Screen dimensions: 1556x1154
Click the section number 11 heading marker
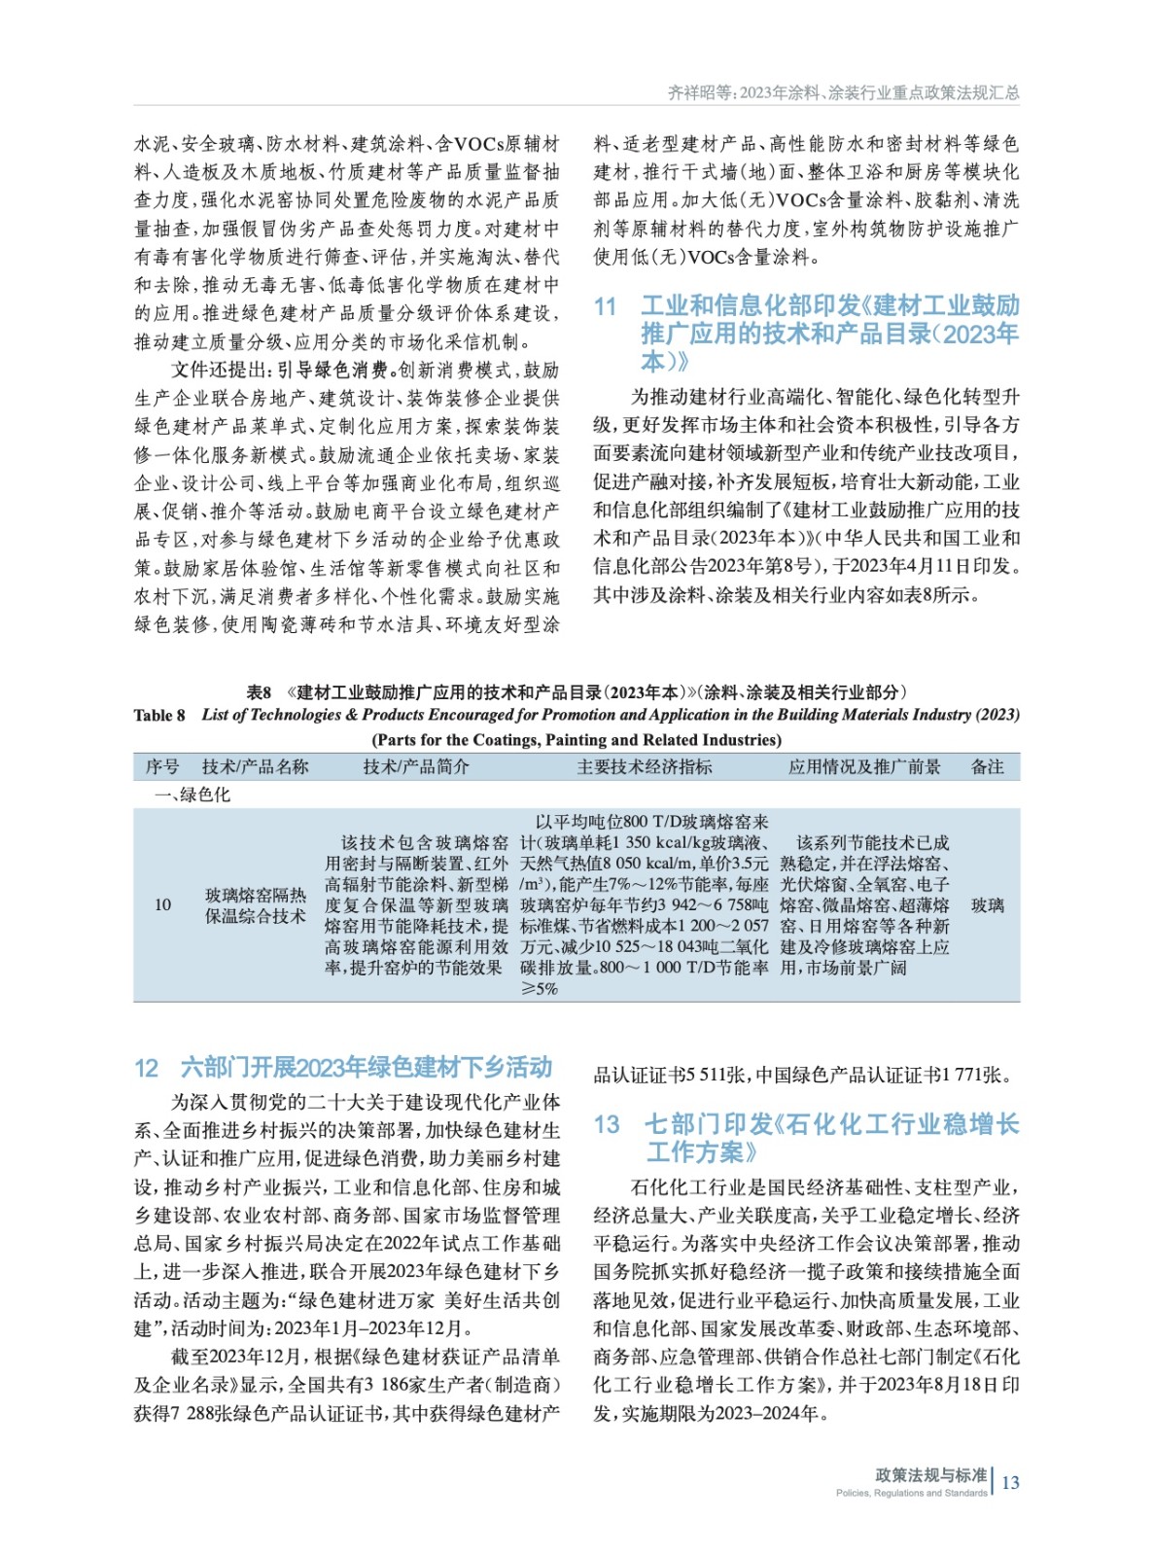[x=605, y=306]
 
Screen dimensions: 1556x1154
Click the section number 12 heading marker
[x=146, y=1068]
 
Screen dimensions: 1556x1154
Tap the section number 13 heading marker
[x=607, y=1125]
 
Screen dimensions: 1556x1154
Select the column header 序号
[x=162, y=767]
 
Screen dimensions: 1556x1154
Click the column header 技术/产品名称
[x=255, y=767]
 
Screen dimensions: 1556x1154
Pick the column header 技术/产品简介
[x=415, y=767]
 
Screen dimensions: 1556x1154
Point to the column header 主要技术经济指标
[x=644, y=767]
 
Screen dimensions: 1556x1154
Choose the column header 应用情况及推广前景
[x=863, y=767]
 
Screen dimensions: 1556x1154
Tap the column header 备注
[x=987, y=767]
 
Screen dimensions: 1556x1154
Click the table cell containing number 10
[x=162, y=905]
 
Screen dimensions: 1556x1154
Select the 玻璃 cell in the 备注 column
[x=987, y=905]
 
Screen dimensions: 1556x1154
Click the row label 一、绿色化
[x=192, y=795]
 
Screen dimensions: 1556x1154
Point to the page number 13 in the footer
[x=1010, y=1482]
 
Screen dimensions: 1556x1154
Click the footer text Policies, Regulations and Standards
[x=911, y=1493]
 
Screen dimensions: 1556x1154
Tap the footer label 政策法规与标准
[x=930, y=1474]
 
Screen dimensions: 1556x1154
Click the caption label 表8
[x=259, y=692]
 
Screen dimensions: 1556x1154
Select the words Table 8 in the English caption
[x=159, y=716]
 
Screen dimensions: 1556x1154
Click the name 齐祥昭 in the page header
[x=690, y=92]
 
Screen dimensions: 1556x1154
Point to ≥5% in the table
[x=540, y=989]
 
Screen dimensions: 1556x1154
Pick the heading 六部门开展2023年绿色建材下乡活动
[x=366, y=1068]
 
